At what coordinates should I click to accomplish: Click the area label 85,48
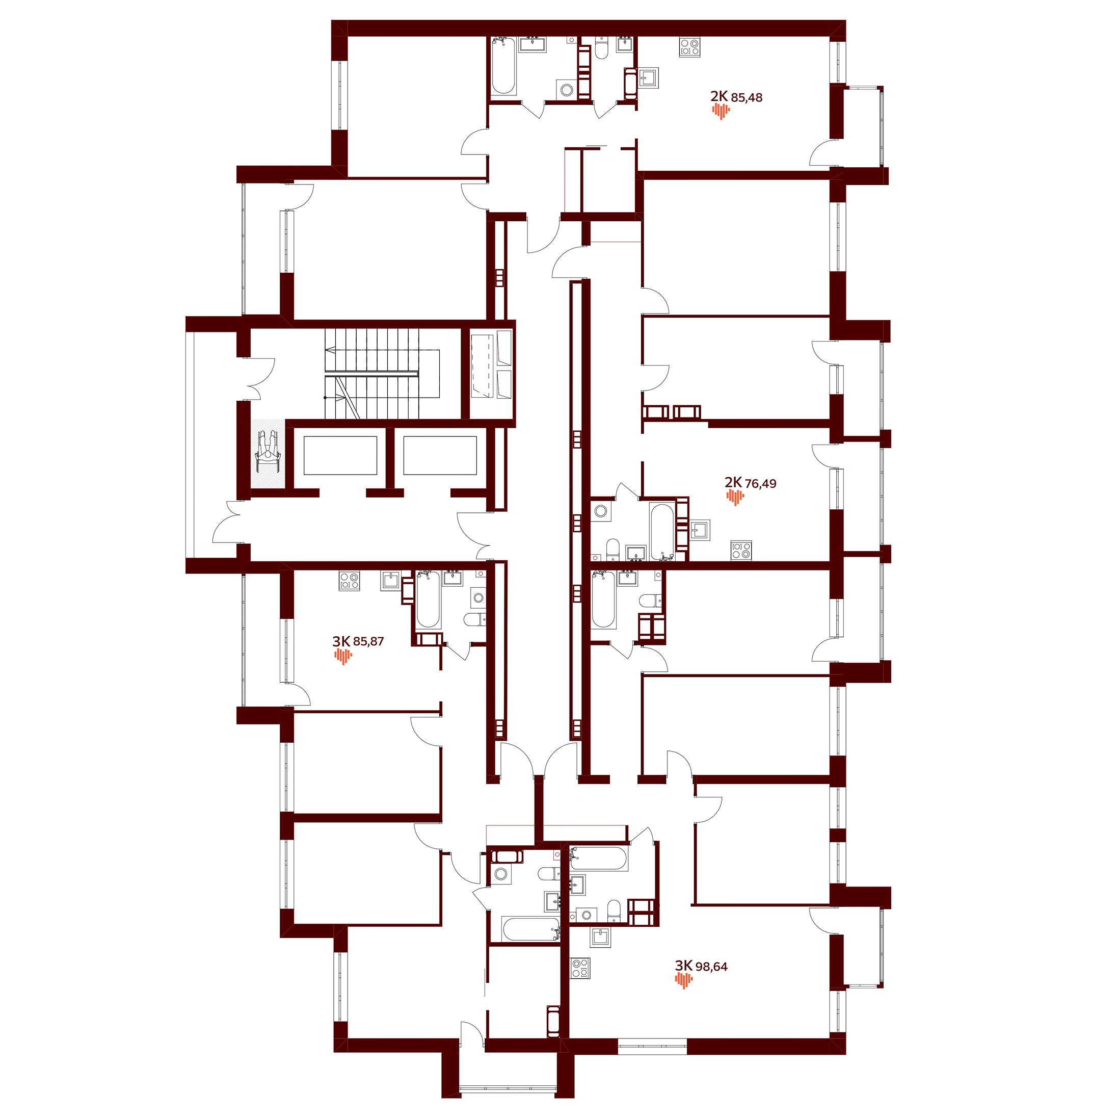(x=747, y=98)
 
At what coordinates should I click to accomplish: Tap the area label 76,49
(x=760, y=484)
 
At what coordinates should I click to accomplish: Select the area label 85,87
(x=368, y=641)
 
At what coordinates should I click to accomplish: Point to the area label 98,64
(x=711, y=967)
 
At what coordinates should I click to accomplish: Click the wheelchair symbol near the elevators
(x=268, y=452)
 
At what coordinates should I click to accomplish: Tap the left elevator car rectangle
(x=340, y=455)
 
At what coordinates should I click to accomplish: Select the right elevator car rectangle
(x=440, y=455)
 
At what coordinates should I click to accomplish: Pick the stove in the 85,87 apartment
(x=349, y=581)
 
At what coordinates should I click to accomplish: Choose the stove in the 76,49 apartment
(x=741, y=551)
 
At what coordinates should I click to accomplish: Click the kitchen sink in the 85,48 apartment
(x=649, y=77)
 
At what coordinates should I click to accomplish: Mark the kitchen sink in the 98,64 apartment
(x=601, y=937)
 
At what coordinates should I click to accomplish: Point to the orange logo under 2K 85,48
(x=721, y=111)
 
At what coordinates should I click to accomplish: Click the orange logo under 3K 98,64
(x=683, y=980)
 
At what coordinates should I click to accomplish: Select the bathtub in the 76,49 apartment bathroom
(x=662, y=531)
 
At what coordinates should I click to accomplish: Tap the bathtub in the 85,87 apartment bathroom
(x=428, y=600)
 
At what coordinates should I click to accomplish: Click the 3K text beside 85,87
(x=341, y=641)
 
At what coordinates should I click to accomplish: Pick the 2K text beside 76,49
(x=733, y=482)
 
